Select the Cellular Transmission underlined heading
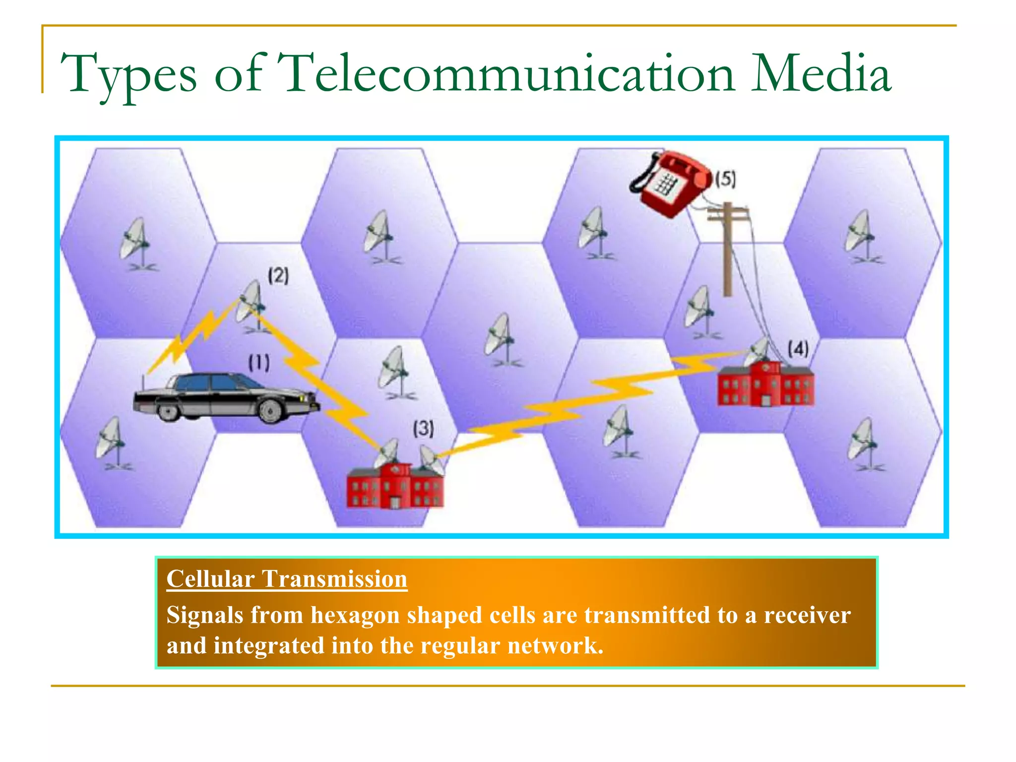(287, 579)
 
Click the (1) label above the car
(259, 363)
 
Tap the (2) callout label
(278, 275)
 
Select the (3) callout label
(424, 428)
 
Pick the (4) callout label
(798, 349)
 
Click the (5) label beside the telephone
(725, 179)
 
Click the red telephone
(670, 184)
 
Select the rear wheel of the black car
(168, 410)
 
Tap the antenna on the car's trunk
(143, 382)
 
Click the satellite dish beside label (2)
(251, 303)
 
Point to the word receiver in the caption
(807, 616)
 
